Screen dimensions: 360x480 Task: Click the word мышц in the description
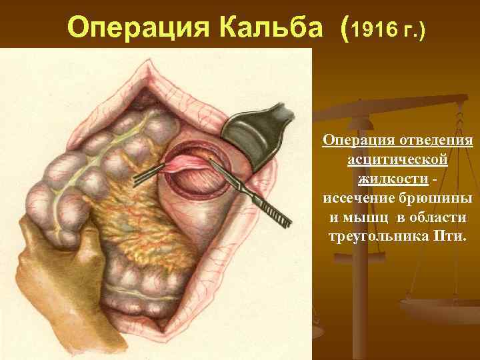[364, 218]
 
